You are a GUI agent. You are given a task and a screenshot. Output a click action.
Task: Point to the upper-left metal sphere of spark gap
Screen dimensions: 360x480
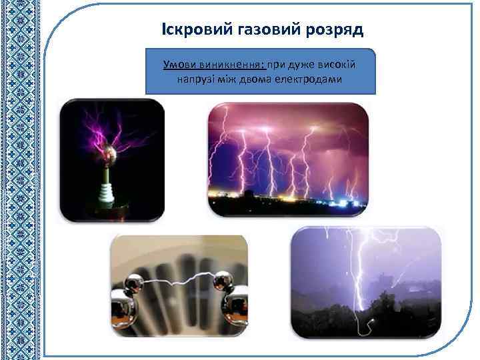135,284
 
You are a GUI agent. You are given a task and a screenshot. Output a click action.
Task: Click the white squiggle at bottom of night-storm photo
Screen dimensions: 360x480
366,327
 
